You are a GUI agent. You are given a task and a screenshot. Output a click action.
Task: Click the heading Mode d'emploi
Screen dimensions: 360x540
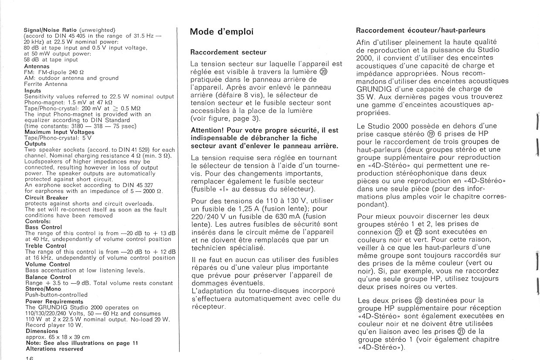221,32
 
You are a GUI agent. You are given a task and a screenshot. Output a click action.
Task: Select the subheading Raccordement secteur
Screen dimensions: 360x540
228,52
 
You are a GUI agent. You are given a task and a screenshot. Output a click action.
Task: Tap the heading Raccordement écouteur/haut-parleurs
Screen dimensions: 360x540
421,31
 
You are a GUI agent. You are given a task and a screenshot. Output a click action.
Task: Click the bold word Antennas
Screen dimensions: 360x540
37,66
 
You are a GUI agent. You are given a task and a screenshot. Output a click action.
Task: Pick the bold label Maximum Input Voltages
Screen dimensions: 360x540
59,132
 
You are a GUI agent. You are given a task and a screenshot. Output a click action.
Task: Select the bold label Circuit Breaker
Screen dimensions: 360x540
47,197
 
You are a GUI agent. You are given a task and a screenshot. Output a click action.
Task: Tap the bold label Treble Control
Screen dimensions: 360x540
46,246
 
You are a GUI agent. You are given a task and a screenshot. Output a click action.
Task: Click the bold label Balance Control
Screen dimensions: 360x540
48,277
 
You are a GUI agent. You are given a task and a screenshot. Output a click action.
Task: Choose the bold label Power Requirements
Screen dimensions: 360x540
54,302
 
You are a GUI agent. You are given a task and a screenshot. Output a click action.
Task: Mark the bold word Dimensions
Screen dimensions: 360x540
39,331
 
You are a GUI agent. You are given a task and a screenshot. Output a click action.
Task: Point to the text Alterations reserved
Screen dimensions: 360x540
54,349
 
